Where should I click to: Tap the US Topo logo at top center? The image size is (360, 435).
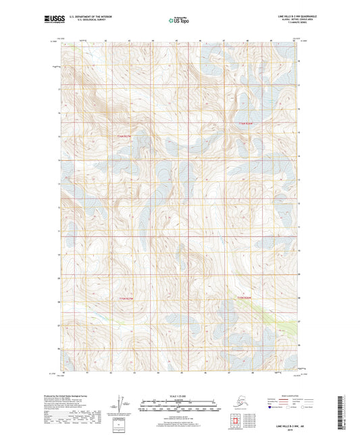pos(178,20)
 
